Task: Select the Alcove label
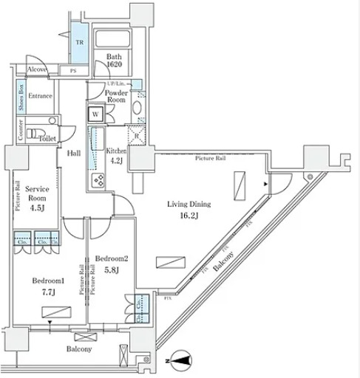pyautogui.click(x=37, y=69)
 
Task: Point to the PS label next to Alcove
pyautogui.click(x=73, y=71)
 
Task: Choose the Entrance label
pyautogui.click(x=42, y=94)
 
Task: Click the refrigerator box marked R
pyautogui.click(x=137, y=136)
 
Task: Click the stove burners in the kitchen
pyautogui.click(x=97, y=181)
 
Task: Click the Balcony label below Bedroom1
pyautogui.click(x=78, y=348)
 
